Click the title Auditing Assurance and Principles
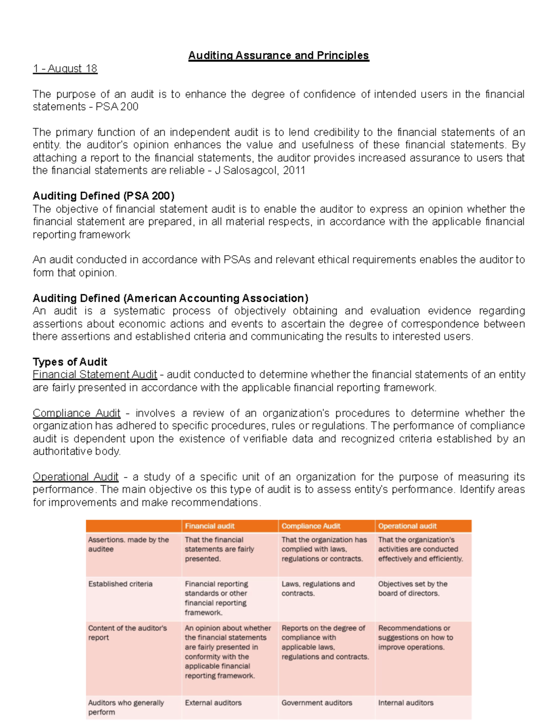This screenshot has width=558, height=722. pos(278,56)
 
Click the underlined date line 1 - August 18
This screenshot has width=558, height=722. pos(65,69)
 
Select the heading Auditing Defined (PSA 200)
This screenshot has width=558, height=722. pos(103,196)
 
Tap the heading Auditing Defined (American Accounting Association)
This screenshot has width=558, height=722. pos(170,298)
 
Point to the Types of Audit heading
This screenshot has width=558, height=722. pos(70,362)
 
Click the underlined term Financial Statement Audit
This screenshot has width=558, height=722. pos(95,375)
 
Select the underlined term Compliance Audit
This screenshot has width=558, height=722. pos(76,413)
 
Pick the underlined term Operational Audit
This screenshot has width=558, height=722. pos(75,477)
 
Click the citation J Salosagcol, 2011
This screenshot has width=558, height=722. pos(259,171)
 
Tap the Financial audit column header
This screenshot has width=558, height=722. pos(210,526)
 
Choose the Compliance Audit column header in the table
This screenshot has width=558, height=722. pos(311,526)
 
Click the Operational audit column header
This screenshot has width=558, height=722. pos(407,526)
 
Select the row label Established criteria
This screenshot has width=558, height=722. pos(120,584)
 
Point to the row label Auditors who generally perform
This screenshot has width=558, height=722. pos(126,707)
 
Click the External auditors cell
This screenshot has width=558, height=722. pos(213,703)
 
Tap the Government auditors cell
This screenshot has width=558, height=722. pos(317,703)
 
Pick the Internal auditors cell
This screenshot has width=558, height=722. pos(405,703)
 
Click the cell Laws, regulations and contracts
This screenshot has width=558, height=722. pos(318,589)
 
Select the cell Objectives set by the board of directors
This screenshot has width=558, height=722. pos(412,589)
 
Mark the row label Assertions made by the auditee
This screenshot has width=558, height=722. pos(128,544)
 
